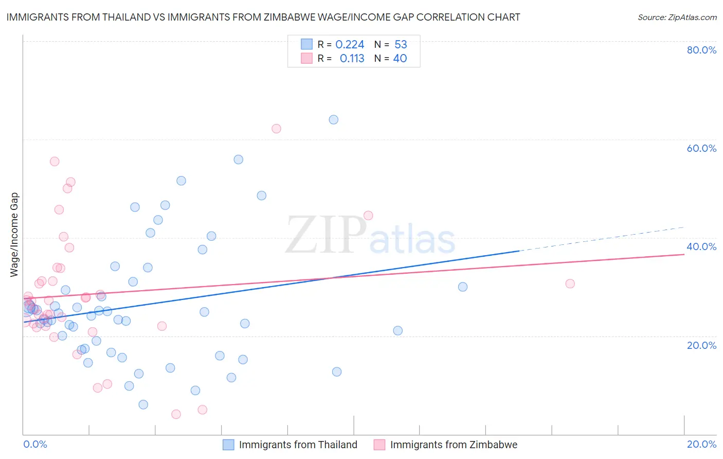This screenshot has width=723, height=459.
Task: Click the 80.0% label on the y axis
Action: coord(701,50)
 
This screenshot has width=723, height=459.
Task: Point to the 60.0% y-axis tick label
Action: coord(701,148)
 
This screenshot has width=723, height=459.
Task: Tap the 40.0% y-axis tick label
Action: coord(701,246)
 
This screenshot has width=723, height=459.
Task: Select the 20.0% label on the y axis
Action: coord(701,345)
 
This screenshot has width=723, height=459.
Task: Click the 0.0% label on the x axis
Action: coord(35,444)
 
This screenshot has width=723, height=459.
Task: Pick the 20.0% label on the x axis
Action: coord(701,444)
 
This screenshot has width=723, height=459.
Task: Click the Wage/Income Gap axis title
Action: coord(14,235)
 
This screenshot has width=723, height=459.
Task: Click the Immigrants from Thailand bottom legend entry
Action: coord(298,445)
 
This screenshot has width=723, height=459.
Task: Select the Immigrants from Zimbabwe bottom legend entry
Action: coord(454,445)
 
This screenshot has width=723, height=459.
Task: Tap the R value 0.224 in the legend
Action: coord(350,45)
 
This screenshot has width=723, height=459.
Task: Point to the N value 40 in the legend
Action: coord(400,59)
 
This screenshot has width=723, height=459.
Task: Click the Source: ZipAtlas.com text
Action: coord(677,17)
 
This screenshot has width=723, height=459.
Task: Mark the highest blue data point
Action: coord(333,120)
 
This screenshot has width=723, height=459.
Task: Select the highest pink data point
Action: coord(276,129)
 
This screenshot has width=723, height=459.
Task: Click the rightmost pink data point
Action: coord(570,284)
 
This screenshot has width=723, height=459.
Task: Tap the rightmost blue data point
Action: coord(463,287)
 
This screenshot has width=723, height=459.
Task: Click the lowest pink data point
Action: coord(176,414)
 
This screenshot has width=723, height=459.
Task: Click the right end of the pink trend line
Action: coord(684,254)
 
